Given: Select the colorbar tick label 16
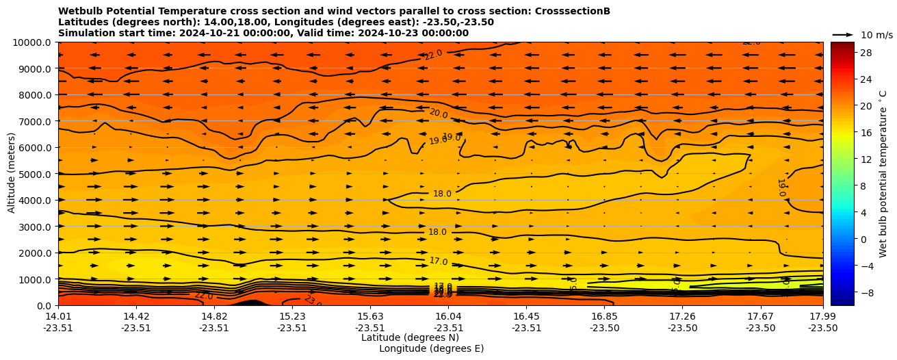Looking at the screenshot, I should pos(866,133).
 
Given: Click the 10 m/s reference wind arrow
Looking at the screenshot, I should pos(843,34).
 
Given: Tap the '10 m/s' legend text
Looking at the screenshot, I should pos(876,35).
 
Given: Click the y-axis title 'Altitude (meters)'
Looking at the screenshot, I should pos(12,174).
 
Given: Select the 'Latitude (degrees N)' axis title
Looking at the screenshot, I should pos(410,337).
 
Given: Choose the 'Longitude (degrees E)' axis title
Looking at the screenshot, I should pos(431,348).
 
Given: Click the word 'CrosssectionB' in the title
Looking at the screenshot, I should pos(575,12).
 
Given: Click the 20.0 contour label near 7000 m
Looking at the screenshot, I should pos(439,114).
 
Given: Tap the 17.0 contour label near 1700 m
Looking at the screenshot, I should pos(439,261).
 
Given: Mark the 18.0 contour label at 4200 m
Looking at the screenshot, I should pos(442,194).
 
